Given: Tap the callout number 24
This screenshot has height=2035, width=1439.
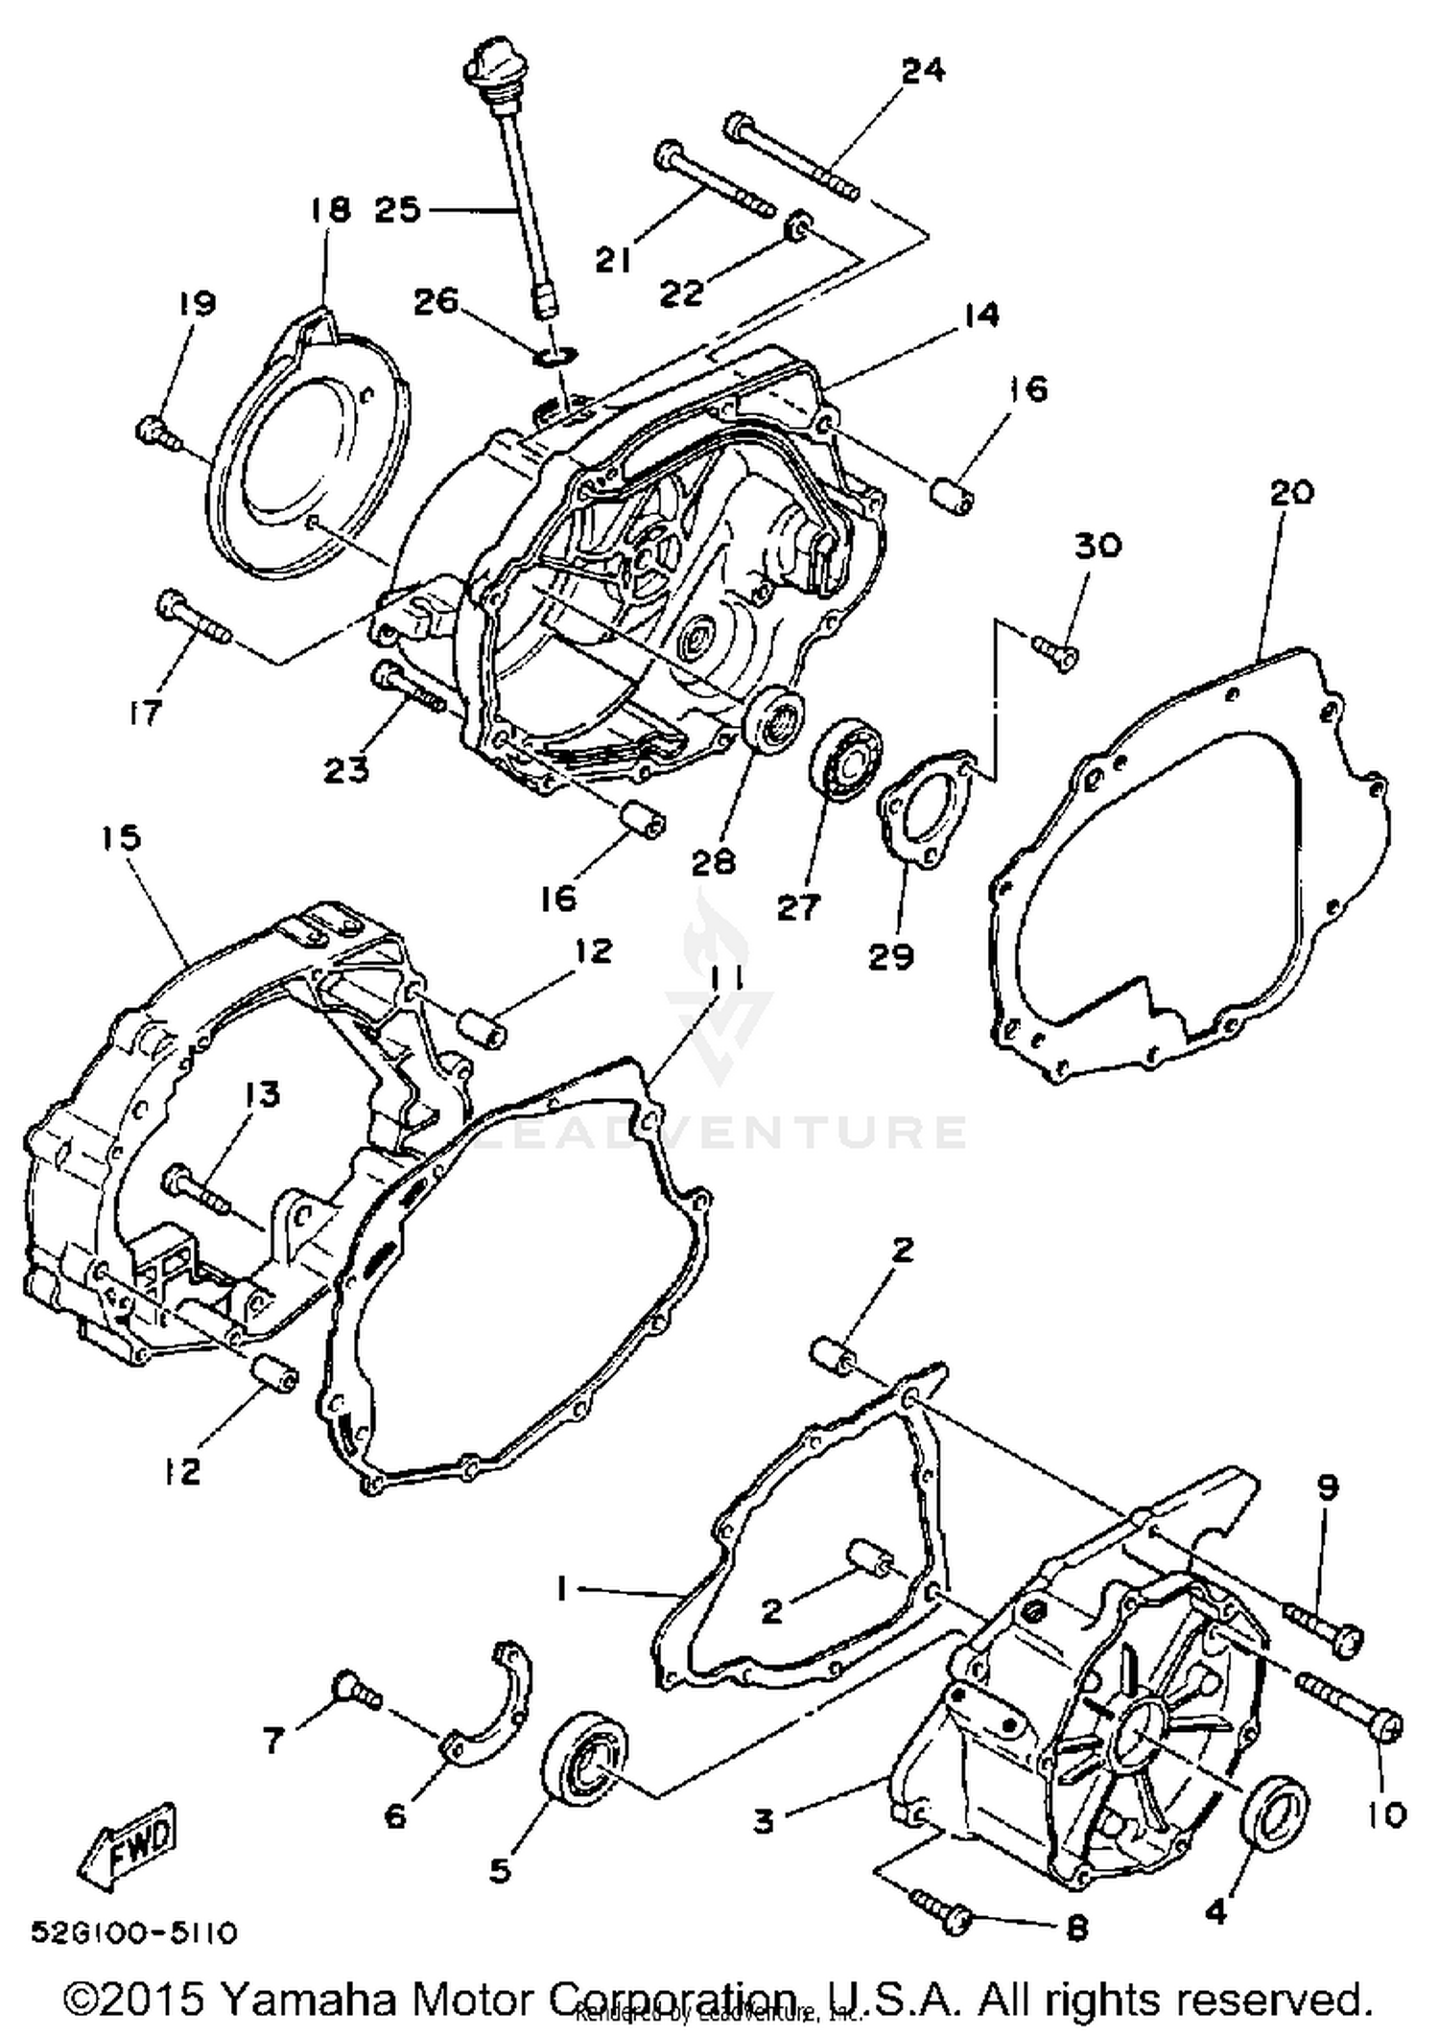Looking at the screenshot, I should [923, 71].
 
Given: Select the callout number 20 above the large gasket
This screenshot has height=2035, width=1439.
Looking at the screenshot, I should [1291, 493].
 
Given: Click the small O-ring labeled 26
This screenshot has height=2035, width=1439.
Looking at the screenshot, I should [556, 357].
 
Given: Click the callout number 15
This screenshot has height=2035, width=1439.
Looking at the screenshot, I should [122, 838].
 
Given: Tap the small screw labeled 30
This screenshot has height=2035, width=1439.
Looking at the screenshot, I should [1055, 652].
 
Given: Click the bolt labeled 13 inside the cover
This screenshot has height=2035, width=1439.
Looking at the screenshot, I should [196, 1187].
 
